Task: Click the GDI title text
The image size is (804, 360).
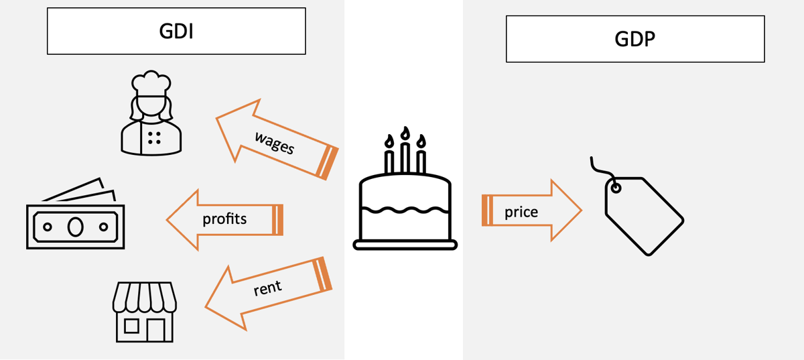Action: (176, 32)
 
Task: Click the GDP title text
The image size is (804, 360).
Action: (635, 39)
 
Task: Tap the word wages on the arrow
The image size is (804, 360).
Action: (275, 143)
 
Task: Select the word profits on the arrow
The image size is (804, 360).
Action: (224, 219)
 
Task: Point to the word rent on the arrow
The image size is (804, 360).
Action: (268, 288)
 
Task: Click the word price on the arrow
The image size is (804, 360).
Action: (521, 212)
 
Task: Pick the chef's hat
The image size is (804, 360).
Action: (151, 82)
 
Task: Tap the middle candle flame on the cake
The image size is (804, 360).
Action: (405, 133)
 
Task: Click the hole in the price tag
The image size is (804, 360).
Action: (616, 188)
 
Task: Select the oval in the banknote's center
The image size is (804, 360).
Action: (75, 227)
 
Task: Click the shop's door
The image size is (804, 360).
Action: (155, 330)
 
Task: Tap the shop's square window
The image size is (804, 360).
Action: (131, 326)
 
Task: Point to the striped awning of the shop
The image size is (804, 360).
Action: (144, 297)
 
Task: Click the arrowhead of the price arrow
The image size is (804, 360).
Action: (566, 211)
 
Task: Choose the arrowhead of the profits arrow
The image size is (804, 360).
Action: (182, 220)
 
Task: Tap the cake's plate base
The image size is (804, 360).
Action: (405, 245)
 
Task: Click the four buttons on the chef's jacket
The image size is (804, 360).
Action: (154, 138)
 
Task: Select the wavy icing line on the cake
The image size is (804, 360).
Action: (405, 210)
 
